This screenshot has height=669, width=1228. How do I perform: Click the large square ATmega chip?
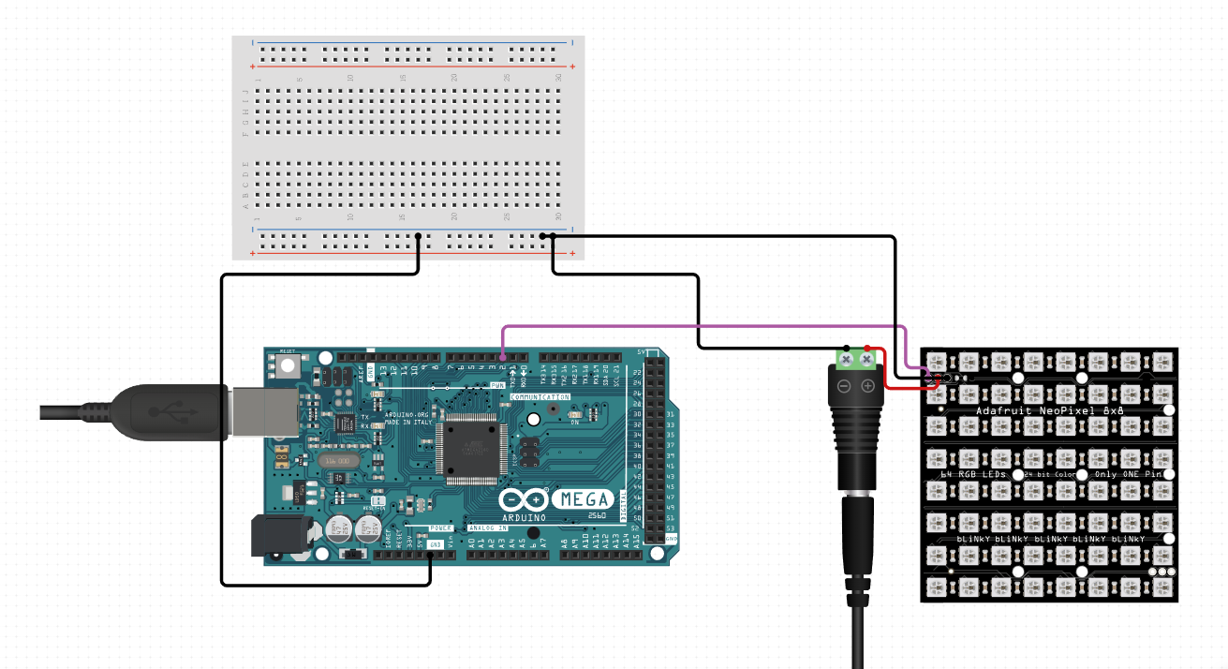click(x=471, y=451)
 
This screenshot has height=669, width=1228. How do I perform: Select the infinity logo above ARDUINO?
click(x=525, y=499)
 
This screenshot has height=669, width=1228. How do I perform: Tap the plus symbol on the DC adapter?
click(x=867, y=385)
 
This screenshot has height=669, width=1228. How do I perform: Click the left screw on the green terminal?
click(x=846, y=358)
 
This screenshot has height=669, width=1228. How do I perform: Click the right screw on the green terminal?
click(x=867, y=358)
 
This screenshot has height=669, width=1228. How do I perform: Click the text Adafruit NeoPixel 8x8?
click(x=1048, y=410)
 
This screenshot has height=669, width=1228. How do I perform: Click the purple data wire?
click(x=703, y=326)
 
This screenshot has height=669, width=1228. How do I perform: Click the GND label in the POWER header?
click(x=435, y=544)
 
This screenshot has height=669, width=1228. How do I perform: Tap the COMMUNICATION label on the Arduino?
click(x=540, y=397)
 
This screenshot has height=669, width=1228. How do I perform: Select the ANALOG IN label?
click(x=488, y=528)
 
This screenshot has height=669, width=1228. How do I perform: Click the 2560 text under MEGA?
click(x=597, y=516)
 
